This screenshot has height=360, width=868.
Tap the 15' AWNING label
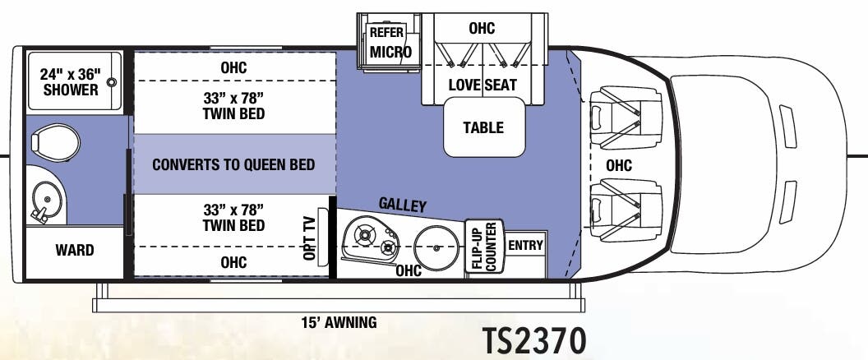click(x=339, y=322)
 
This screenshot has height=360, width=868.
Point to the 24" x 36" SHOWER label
click(x=70, y=81)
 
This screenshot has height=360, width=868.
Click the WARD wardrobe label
click(x=74, y=250)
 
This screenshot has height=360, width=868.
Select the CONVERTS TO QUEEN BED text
click(x=233, y=164)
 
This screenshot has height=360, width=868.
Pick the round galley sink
click(x=435, y=243)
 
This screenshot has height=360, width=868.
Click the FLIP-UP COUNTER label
click(x=482, y=247)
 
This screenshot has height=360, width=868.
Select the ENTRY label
click(x=525, y=245)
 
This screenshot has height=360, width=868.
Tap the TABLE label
click(x=483, y=127)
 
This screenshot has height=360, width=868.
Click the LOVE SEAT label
click(x=482, y=85)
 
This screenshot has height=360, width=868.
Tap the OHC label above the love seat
click(x=482, y=29)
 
